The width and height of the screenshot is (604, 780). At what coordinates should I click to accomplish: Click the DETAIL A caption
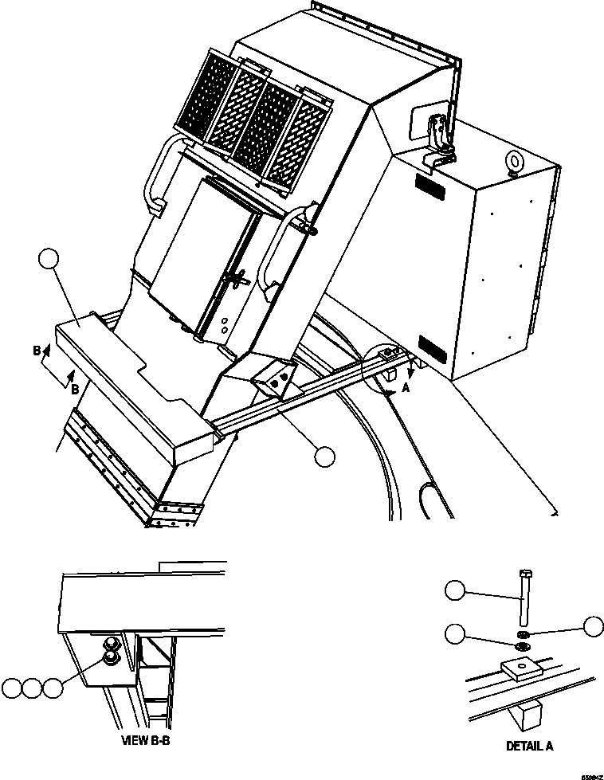pyautogui.click(x=529, y=747)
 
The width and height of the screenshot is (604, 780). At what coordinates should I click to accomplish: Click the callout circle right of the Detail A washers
pyautogui.click(x=592, y=626)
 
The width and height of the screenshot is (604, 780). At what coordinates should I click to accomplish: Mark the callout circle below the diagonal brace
pyautogui.click(x=324, y=456)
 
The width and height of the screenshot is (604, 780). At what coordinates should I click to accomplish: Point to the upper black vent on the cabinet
pyautogui.click(x=430, y=188)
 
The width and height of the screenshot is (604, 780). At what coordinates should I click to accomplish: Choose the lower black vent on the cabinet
pyautogui.click(x=433, y=348)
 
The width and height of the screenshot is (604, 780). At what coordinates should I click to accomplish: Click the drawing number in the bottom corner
pyautogui.click(x=590, y=774)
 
